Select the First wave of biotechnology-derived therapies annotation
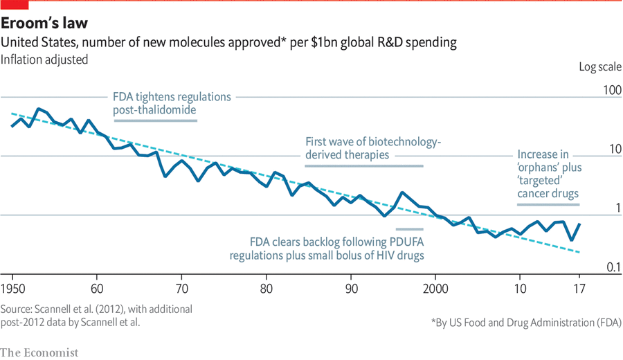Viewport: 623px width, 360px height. point(373,149)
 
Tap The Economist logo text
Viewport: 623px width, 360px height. point(39,352)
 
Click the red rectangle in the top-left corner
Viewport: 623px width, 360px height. point(14,5)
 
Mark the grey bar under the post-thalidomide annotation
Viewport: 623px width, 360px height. point(155,120)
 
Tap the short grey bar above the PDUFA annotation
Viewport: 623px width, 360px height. point(409,228)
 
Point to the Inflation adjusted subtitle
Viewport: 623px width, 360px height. point(44,60)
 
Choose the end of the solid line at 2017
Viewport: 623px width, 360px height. point(579,224)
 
